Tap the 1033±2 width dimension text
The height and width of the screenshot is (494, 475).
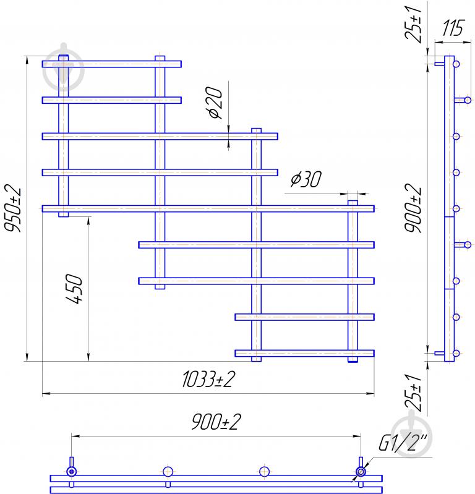(x=208, y=379)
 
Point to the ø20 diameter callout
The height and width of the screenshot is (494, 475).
(x=216, y=103)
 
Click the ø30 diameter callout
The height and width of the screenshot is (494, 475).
(x=306, y=179)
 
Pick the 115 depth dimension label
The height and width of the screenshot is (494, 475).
(x=453, y=28)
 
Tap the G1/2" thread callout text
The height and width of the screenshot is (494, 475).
(x=403, y=443)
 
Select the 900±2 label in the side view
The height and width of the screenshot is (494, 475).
(x=413, y=208)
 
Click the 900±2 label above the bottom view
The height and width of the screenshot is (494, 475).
(x=216, y=422)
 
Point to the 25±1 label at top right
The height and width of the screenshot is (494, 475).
(x=413, y=23)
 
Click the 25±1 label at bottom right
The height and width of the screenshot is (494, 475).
(x=413, y=393)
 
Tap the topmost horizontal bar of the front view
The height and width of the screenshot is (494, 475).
(x=112, y=64)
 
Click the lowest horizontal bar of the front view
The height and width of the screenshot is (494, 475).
(x=304, y=353)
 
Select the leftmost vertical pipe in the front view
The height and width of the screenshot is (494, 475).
(x=64, y=136)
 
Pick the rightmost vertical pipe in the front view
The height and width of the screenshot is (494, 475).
(x=353, y=281)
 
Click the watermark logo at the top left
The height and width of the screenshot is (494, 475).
(x=64, y=67)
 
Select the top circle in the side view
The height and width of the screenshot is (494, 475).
(x=456, y=64)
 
